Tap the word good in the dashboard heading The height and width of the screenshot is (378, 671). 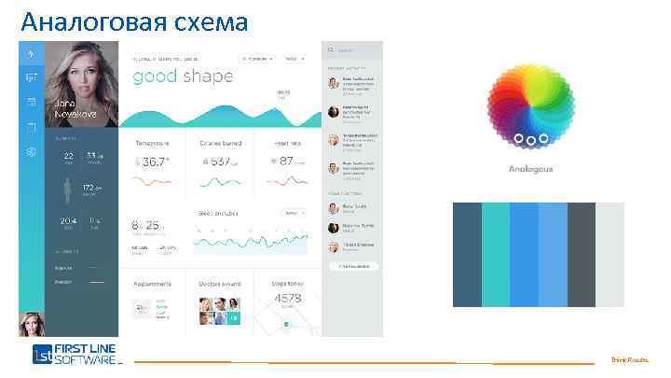155,77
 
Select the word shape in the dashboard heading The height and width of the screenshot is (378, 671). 208,77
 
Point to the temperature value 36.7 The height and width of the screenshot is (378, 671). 156,161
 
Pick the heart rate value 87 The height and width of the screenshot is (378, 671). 285,161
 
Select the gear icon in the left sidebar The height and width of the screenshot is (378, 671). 31,151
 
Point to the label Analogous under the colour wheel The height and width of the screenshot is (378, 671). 530,169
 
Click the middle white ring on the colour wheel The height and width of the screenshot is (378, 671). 530,140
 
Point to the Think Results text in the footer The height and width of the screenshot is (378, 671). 629,359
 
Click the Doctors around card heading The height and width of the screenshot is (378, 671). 220,284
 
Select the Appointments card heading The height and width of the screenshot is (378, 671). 152,284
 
